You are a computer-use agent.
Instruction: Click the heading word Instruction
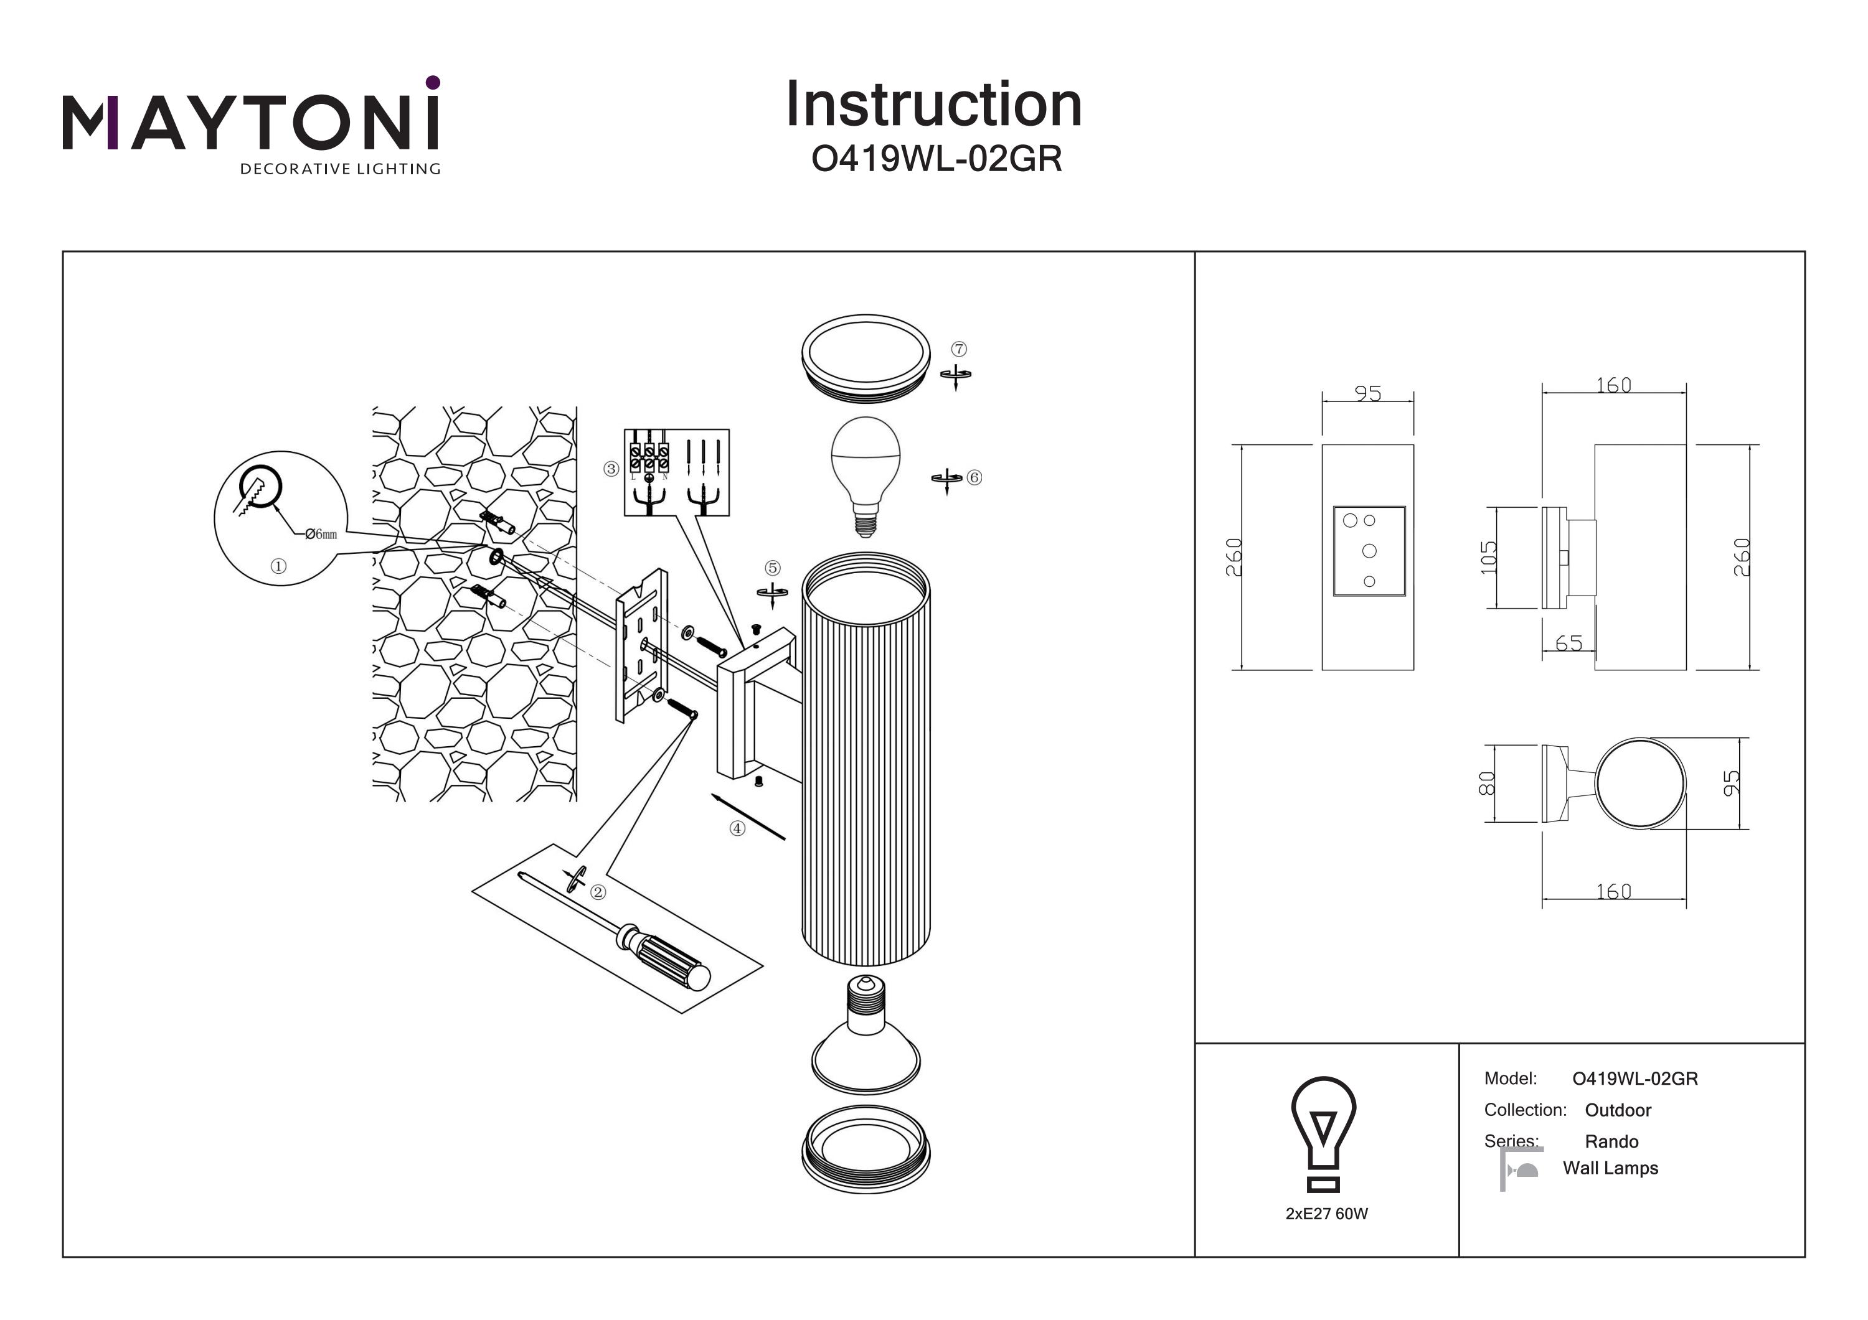pos(933,105)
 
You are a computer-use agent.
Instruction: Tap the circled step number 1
pos(278,566)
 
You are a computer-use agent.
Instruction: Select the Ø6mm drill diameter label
pos(321,535)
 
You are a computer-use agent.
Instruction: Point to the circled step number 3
pos(611,469)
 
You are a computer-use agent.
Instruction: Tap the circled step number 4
pos(737,829)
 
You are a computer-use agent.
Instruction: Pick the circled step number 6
pos(974,477)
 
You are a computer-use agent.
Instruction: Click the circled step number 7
pos(960,349)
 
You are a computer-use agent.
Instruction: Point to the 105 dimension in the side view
pos(1488,558)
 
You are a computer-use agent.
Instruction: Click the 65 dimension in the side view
pos(1568,644)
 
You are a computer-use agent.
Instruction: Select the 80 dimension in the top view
pos(1486,783)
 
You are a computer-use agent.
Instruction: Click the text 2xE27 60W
pos(1326,1214)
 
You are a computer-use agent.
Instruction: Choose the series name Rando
pos(1611,1142)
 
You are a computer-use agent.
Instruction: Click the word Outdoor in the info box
pos(1618,1110)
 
